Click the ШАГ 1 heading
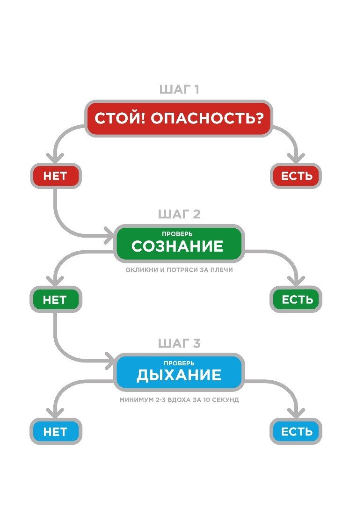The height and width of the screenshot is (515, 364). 179,89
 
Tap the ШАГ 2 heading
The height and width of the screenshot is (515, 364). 179,214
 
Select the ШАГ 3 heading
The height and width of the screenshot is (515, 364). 179,344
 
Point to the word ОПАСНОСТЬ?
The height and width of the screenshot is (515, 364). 210,118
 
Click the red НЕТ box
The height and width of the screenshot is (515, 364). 55,176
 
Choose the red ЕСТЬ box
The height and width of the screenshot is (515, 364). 296,176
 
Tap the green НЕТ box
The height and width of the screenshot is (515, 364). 55,300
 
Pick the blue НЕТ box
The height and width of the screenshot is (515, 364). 55,431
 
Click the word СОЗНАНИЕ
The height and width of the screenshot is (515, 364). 177,247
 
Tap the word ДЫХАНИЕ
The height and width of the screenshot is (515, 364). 179,375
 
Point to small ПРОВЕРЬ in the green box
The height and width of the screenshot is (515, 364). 177,234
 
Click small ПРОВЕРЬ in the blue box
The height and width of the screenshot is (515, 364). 179,363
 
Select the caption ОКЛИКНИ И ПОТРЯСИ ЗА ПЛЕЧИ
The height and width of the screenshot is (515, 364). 179,270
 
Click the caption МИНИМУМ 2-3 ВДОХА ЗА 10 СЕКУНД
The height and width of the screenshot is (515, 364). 179,400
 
